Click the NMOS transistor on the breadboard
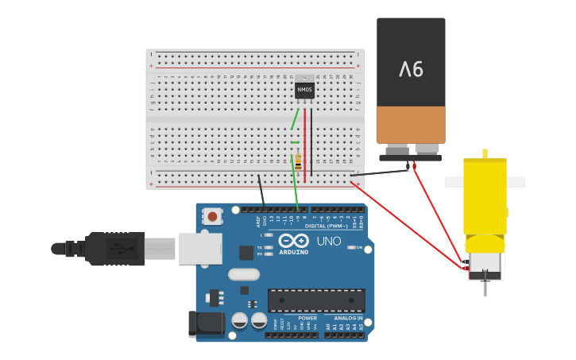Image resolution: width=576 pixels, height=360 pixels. pyautogui.click(x=304, y=90)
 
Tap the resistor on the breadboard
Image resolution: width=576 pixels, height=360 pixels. pyautogui.click(x=297, y=161)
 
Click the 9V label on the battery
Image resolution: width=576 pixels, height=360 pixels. pyautogui.click(x=411, y=70)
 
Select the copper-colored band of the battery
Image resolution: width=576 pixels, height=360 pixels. pyautogui.click(x=411, y=125)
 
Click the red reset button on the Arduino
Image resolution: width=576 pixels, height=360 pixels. pyautogui.click(x=213, y=215)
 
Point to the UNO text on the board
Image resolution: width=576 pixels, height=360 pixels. pyautogui.click(x=329, y=242)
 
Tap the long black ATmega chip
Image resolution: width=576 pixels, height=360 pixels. pyautogui.click(x=316, y=300)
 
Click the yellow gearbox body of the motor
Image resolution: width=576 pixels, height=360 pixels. pyautogui.click(x=485, y=195)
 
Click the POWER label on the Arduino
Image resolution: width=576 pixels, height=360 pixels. pyautogui.click(x=285, y=318)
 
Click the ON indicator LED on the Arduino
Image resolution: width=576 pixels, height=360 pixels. pyautogui.click(x=350, y=248)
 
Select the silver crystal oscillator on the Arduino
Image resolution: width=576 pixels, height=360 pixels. pyautogui.click(x=243, y=275)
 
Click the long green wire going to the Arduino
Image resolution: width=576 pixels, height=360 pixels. pyautogui.click(x=296, y=191)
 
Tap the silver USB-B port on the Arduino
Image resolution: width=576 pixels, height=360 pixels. pyautogui.click(x=199, y=249)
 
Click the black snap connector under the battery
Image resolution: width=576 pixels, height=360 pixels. pyautogui.click(x=410, y=157)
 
